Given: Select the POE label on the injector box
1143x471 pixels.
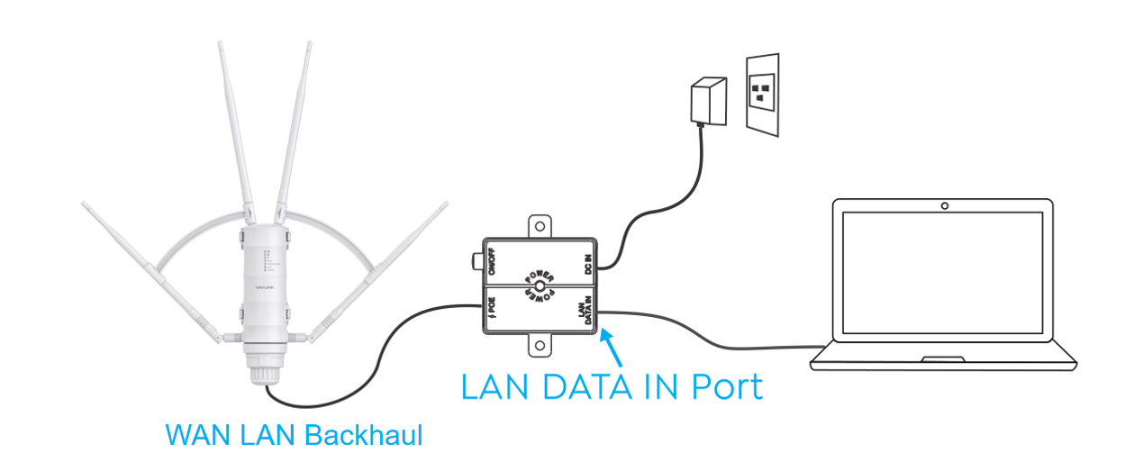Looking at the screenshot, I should pos(493,308).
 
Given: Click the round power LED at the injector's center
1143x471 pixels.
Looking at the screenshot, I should pos(539,286).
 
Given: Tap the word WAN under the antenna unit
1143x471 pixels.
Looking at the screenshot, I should pos(189,435).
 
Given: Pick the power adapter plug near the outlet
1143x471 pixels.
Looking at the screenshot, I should pos(706,102).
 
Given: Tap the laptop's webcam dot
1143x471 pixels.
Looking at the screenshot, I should pos(944,206).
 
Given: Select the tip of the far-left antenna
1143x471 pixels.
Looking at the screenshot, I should pos(84,204).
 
